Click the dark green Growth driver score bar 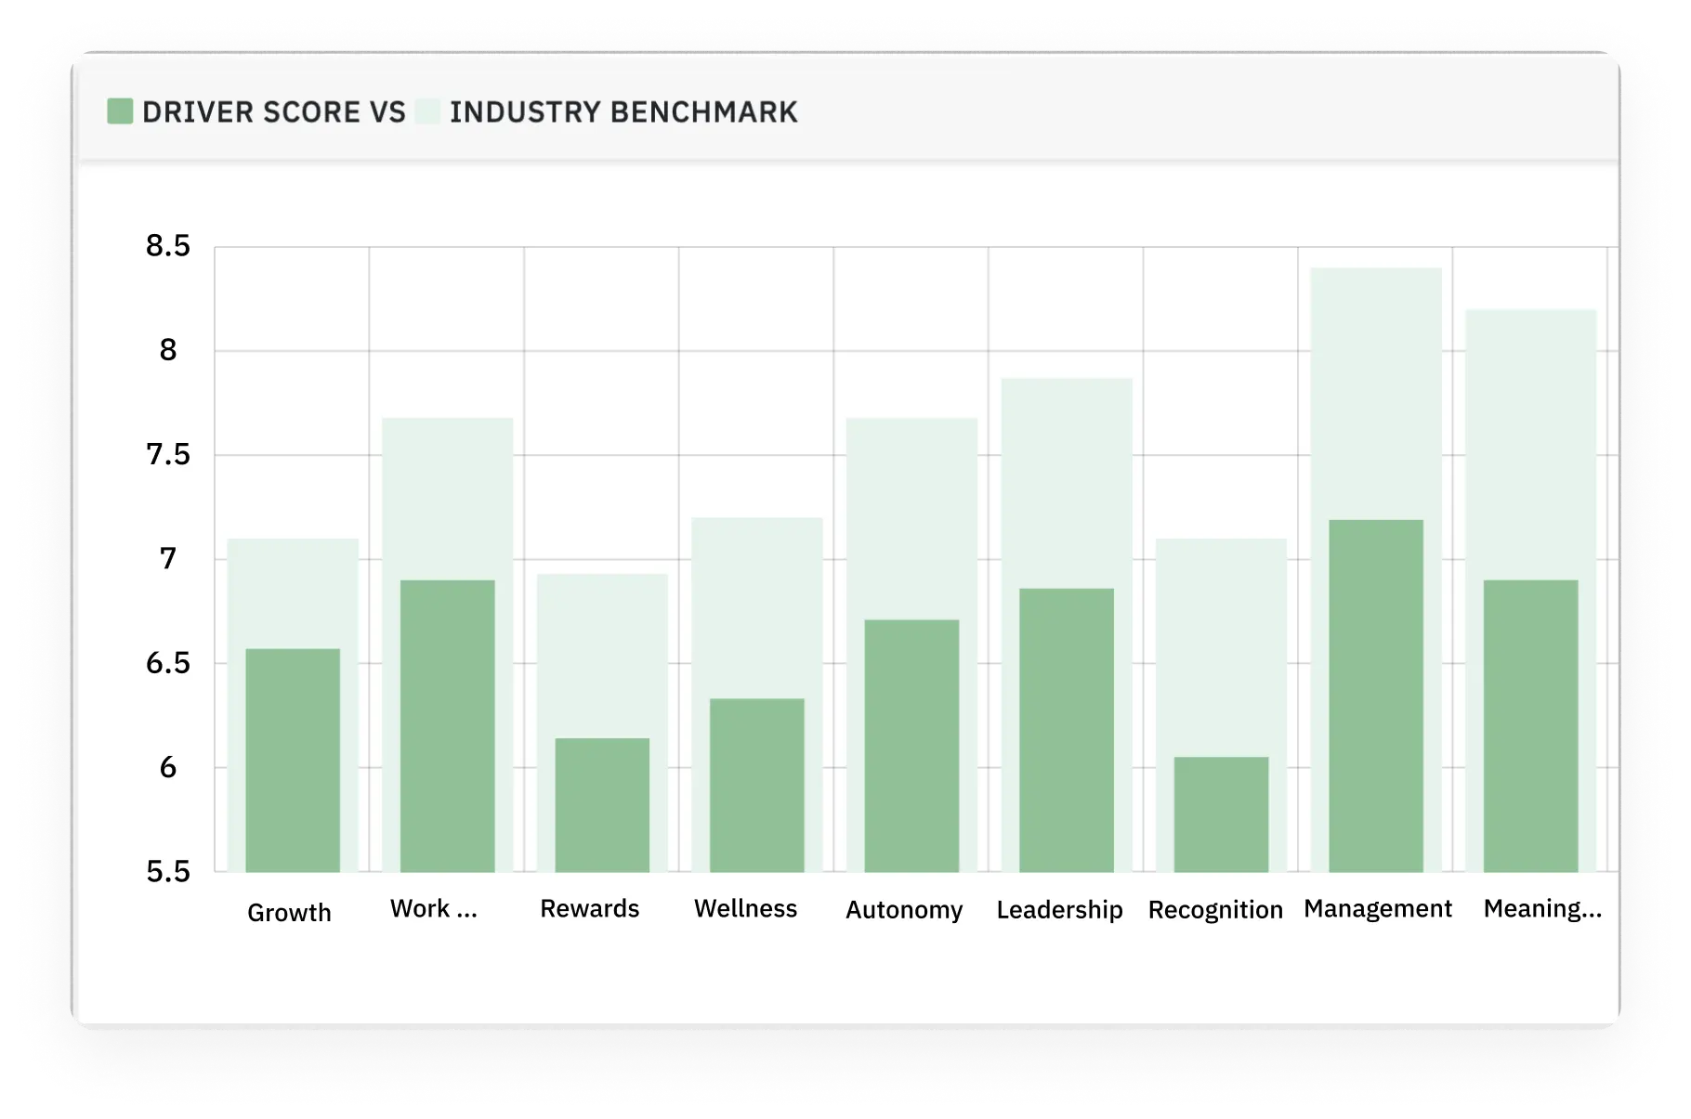(293, 760)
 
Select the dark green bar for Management (1376, 696)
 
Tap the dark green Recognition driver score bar (1221, 814)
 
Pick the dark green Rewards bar (602, 805)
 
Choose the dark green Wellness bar (757, 785)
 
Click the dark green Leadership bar (1067, 730)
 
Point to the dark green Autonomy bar (911, 746)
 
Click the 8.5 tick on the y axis (168, 246)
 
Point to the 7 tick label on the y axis (168, 559)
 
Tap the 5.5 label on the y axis (168, 872)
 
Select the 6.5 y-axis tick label (168, 663)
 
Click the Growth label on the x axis (289, 913)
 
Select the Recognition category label (1215, 910)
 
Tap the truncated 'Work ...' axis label (433, 909)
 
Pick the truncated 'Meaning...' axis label (1542, 909)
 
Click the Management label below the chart (1378, 909)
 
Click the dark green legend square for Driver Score (120, 111)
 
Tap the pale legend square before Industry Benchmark (428, 111)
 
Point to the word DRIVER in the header (198, 112)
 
